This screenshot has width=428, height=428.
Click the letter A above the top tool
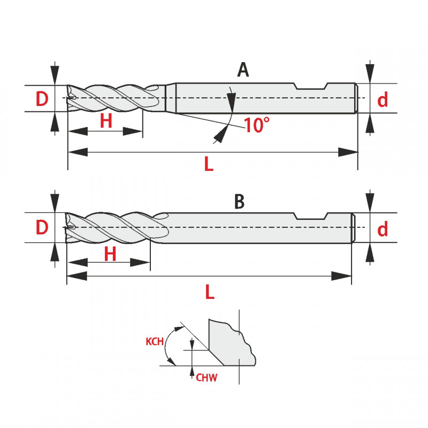pyautogui.click(x=243, y=70)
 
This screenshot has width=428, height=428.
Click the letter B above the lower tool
pyautogui.click(x=239, y=203)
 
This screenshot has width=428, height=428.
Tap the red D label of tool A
pyautogui.click(x=42, y=99)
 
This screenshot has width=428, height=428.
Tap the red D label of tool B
pyautogui.click(x=42, y=228)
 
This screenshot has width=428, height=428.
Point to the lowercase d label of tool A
pyautogui.click(x=383, y=100)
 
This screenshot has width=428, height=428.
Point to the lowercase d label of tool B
pyautogui.click(x=383, y=230)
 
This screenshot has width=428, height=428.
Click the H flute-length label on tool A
pyautogui.click(x=106, y=121)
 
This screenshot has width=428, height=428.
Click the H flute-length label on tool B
pyautogui.click(x=110, y=254)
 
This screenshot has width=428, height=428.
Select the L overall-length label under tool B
pyautogui.click(x=210, y=292)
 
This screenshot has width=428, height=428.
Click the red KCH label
pyautogui.click(x=154, y=341)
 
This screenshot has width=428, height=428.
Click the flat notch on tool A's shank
pyautogui.click(x=312, y=87)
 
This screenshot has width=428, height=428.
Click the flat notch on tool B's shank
pyautogui.click(x=311, y=217)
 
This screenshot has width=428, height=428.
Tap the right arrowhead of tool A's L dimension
pyautogui.click(x=350, y=152)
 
